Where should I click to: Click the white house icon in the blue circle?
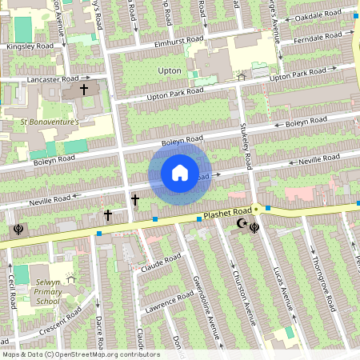click(179, 173)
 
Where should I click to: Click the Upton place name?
click(170, 71)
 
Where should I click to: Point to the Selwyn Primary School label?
click(48, 292)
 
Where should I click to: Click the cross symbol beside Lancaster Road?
click(83, 91)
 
